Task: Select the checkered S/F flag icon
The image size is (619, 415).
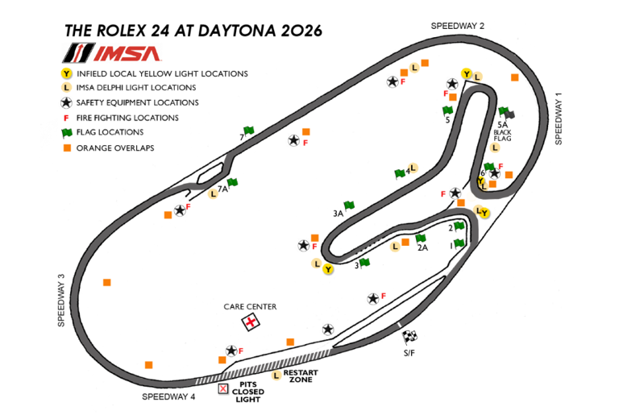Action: (409, 337)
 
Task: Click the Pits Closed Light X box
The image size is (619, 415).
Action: (224, 389)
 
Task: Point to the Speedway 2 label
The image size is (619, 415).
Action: (457, 26)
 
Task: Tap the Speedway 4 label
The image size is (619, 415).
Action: (168, 397)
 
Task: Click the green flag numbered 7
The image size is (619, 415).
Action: (249, 131)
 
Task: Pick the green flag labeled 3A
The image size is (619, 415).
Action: (349, 206)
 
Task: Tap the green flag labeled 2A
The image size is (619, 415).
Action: (421, 239)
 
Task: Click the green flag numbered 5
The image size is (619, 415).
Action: (448, 111)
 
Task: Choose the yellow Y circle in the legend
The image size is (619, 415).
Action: (68, 73)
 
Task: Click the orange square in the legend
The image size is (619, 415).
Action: (68, 147)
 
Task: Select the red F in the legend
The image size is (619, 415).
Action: (68, 118)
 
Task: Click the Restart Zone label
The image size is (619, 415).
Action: (301, 376)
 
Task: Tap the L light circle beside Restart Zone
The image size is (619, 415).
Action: (276, 375)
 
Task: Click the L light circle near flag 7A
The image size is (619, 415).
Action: (214, 193)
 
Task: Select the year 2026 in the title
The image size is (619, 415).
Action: (297, 31)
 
